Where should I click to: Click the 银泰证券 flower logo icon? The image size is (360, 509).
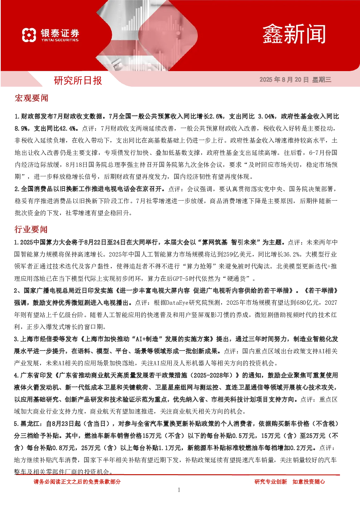point(29,35)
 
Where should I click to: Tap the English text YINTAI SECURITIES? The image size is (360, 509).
point(60,40)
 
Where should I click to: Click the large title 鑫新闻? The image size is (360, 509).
point(294,34)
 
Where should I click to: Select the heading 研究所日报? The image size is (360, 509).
point(78,81)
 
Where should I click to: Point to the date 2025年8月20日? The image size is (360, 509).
point(284,79)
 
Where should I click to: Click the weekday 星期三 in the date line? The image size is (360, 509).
point(322,79)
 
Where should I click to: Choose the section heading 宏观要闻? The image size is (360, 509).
point(31,98)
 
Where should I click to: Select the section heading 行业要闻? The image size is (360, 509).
point(31,229)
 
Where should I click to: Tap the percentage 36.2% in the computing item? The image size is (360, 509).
point(291,254)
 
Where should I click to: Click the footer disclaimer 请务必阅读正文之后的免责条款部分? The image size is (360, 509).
point(77,481)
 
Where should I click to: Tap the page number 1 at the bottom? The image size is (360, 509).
point(179,490)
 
